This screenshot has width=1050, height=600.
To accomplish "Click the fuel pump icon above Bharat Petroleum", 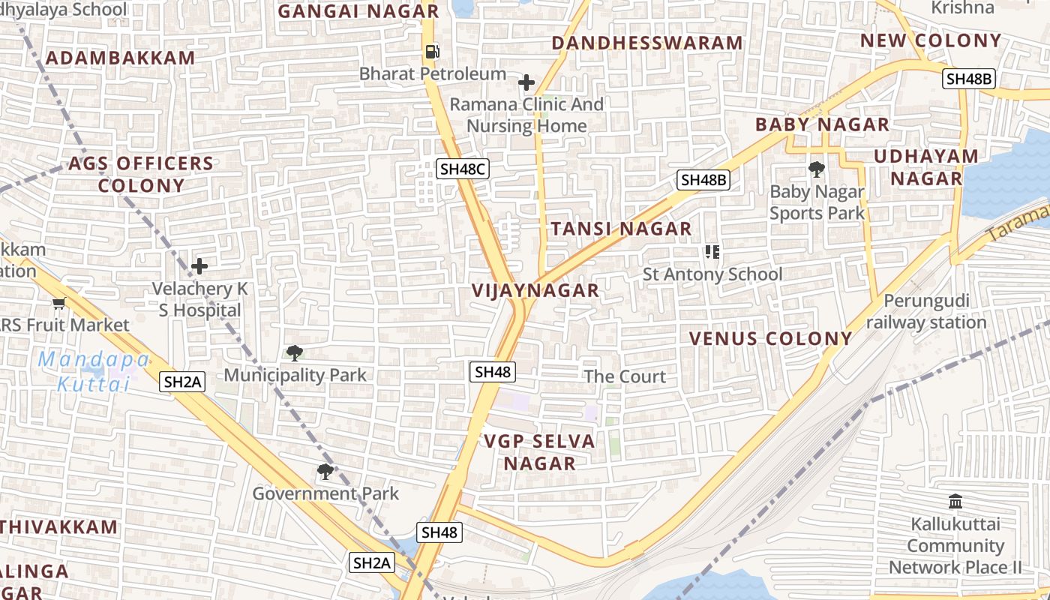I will click(432, 52).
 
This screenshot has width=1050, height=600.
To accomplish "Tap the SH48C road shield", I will click(463, 169).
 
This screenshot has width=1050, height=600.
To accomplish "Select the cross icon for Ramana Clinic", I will click(526, 82).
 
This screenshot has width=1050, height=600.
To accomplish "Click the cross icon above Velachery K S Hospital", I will click(199, 266).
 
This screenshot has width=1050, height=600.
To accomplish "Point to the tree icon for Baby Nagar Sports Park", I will click(817, 169).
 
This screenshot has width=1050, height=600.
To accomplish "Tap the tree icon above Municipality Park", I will click(295, 352).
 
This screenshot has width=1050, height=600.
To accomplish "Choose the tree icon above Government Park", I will click(325, 471).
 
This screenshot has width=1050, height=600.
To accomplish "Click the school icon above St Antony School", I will click(712, 252).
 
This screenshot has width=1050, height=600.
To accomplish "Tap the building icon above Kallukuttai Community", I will click(955, 501).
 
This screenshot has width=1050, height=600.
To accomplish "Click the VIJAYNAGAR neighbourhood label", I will click(535, 290).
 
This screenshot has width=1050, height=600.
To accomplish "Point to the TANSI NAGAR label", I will click(621, 229).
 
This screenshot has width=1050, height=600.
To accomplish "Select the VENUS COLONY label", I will click(770, 338).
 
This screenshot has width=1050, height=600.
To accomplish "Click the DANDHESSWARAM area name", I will click(646, 43).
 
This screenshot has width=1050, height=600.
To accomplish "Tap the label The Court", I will click(625, 376).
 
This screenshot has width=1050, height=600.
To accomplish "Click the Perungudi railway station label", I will click(927, 311).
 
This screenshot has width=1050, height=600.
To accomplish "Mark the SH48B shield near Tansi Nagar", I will click(703, 180).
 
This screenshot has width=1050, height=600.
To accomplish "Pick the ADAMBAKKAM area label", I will click(120, 58).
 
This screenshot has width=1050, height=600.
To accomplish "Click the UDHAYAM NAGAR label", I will click(926, 167).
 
